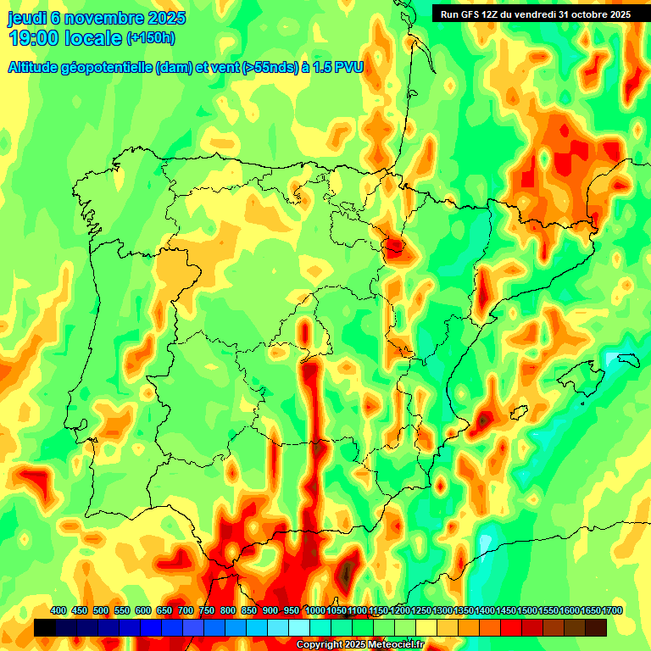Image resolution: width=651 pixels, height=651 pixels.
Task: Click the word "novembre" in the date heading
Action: [103, 18]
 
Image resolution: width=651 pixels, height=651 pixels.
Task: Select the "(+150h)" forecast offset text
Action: [151, 37]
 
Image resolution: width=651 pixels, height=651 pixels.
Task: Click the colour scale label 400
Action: [58, 610]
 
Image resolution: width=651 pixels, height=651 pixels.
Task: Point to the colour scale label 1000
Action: [314, 610]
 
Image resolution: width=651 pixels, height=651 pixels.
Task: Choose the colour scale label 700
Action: [186, 610]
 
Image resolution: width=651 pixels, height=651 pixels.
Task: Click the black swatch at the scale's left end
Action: [45, 627]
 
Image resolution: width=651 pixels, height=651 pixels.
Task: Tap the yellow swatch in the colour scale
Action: [426, 627]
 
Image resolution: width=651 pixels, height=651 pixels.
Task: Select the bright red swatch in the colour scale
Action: [511, 627]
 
